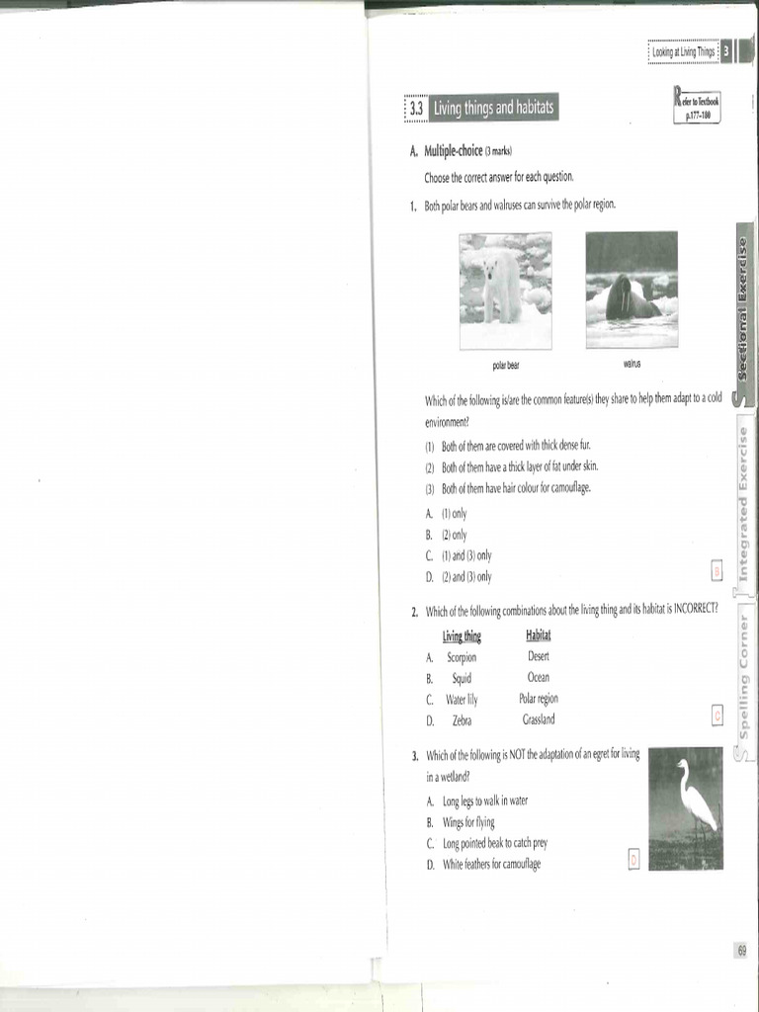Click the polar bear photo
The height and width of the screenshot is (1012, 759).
pos(506,291)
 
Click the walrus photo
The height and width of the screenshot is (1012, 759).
pos(632,290)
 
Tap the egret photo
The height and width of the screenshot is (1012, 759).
pos(686,808)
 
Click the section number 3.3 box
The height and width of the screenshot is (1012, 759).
pos(416,108)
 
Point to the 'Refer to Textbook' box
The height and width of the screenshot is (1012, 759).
pos(698,105)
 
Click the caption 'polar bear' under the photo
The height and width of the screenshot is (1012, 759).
pos(506,366)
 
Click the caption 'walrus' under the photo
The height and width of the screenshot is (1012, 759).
pos(632,364)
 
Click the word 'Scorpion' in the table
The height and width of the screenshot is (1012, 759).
pos(462,656)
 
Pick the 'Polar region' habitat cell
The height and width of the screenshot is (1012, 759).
pos(539,699)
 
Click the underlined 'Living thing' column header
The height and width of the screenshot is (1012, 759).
pos(462,635)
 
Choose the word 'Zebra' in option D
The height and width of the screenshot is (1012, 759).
pos(462,720)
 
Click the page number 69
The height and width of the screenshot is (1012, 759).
pos(741,950)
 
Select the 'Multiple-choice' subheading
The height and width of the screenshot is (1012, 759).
pos(454,151)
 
